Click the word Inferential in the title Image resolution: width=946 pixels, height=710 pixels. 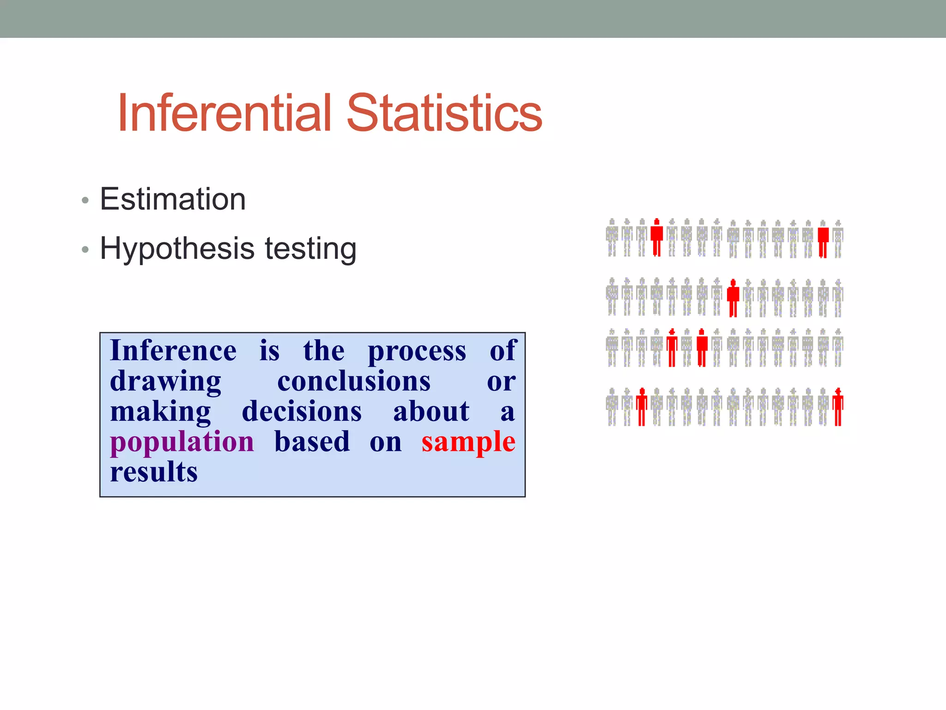pyautogui.click(x=224, y=113)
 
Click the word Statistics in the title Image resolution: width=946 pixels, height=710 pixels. pyautogui.click(x=444, y=113)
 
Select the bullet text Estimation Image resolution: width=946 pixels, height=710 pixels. pyautogui.click(x=173, y=199)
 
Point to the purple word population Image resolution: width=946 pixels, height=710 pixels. pyautogui.click(x=182, y=442)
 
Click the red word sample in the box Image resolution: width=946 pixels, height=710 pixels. pyautogui.click(x=468, y=442)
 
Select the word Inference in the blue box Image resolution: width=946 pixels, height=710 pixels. pyautogui.click(x=173, y=350)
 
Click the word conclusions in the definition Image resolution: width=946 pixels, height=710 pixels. pyautogui.click(x=354, y=381)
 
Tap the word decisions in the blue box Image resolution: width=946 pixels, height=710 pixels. pyautogui.click(x=302, y=411)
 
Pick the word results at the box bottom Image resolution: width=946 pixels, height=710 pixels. pyautogui.click(x=154, y=472)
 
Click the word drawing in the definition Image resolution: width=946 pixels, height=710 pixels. pyautogui.click(x=165, y=381)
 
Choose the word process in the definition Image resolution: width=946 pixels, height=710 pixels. pyautogui.click(x=417, y=350)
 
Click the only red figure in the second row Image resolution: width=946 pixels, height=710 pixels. pyautogui.click(x=733, y=298)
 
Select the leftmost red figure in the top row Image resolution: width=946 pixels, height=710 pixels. pyautogui.click(x=656, y=237)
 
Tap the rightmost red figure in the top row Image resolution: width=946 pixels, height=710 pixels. pyautogui.click(x=823, y=239)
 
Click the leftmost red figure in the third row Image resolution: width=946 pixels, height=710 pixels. pyautogui.click(x=672, y=348)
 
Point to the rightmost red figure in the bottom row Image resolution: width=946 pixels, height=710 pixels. pyautogui.click(x=838, y=407)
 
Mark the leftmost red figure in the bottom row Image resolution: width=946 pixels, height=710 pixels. pyautogui.click(x=642, y=407)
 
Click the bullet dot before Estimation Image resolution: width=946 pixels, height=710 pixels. pyautogui.click(x=85, y=201)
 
